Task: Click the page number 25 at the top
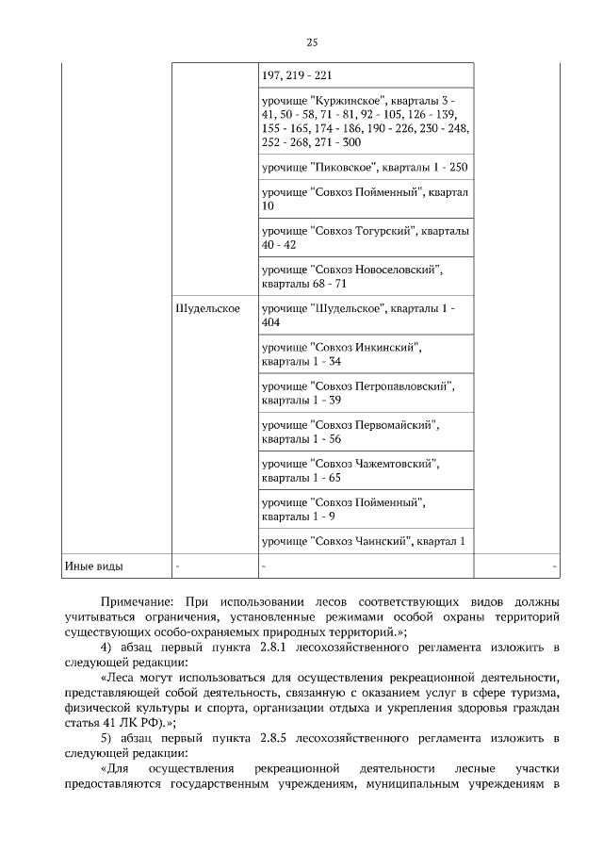point(313,41)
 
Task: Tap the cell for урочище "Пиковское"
point(365,167)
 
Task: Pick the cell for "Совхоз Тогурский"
point(365,237)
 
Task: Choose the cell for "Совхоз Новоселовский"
point(365,276)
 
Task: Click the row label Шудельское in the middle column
point(207,308)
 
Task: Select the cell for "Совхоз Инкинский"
point(365,354)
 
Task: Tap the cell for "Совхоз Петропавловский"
point(365,393)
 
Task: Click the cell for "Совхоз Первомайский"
point(365,432)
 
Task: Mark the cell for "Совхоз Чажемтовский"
point(365,470)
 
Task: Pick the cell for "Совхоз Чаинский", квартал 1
point(365,541)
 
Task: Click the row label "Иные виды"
point(93,566)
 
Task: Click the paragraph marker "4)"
point(106,648)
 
